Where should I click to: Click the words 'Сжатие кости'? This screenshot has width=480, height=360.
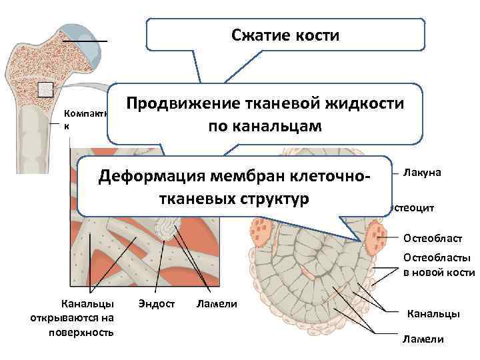pos(285,35)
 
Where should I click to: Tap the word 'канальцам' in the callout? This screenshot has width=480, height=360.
pos(288,126)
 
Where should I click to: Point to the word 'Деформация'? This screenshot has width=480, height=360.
pos(151,177)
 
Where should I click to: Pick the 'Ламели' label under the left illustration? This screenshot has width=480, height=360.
pos(217,304)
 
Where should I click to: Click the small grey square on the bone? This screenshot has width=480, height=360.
pos(45,89)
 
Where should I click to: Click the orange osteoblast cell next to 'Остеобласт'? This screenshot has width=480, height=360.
pos(378,235)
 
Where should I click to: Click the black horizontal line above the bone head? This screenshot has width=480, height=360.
pos(85,41)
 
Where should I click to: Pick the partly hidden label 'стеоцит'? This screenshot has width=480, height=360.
pos(413,208)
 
